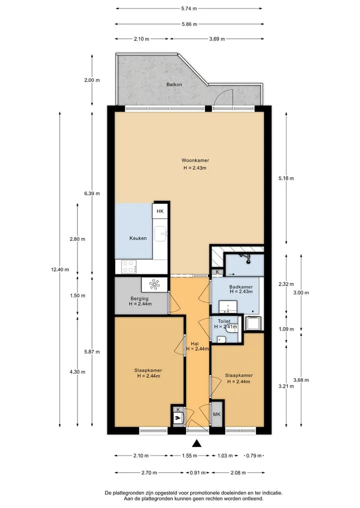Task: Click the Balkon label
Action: (174, 84)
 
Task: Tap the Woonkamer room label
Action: (195, 160)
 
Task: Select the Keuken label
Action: (138, 238)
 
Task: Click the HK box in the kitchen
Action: (160, 211)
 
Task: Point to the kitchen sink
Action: (160, 234)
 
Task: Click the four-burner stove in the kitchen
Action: (128, 267)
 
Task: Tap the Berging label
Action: (139, 298)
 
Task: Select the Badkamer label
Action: (241, 287)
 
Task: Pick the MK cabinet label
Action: (216, 415)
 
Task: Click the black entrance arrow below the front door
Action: (196, 443)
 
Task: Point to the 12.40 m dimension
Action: (60, 269)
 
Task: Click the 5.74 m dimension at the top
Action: (189, 9)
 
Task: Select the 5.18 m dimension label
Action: (286, 178)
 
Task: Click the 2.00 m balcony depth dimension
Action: (92, 80)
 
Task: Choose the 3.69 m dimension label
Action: (217, 39)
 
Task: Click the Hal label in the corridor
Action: (194, 344)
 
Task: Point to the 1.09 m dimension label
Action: (286, 329)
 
